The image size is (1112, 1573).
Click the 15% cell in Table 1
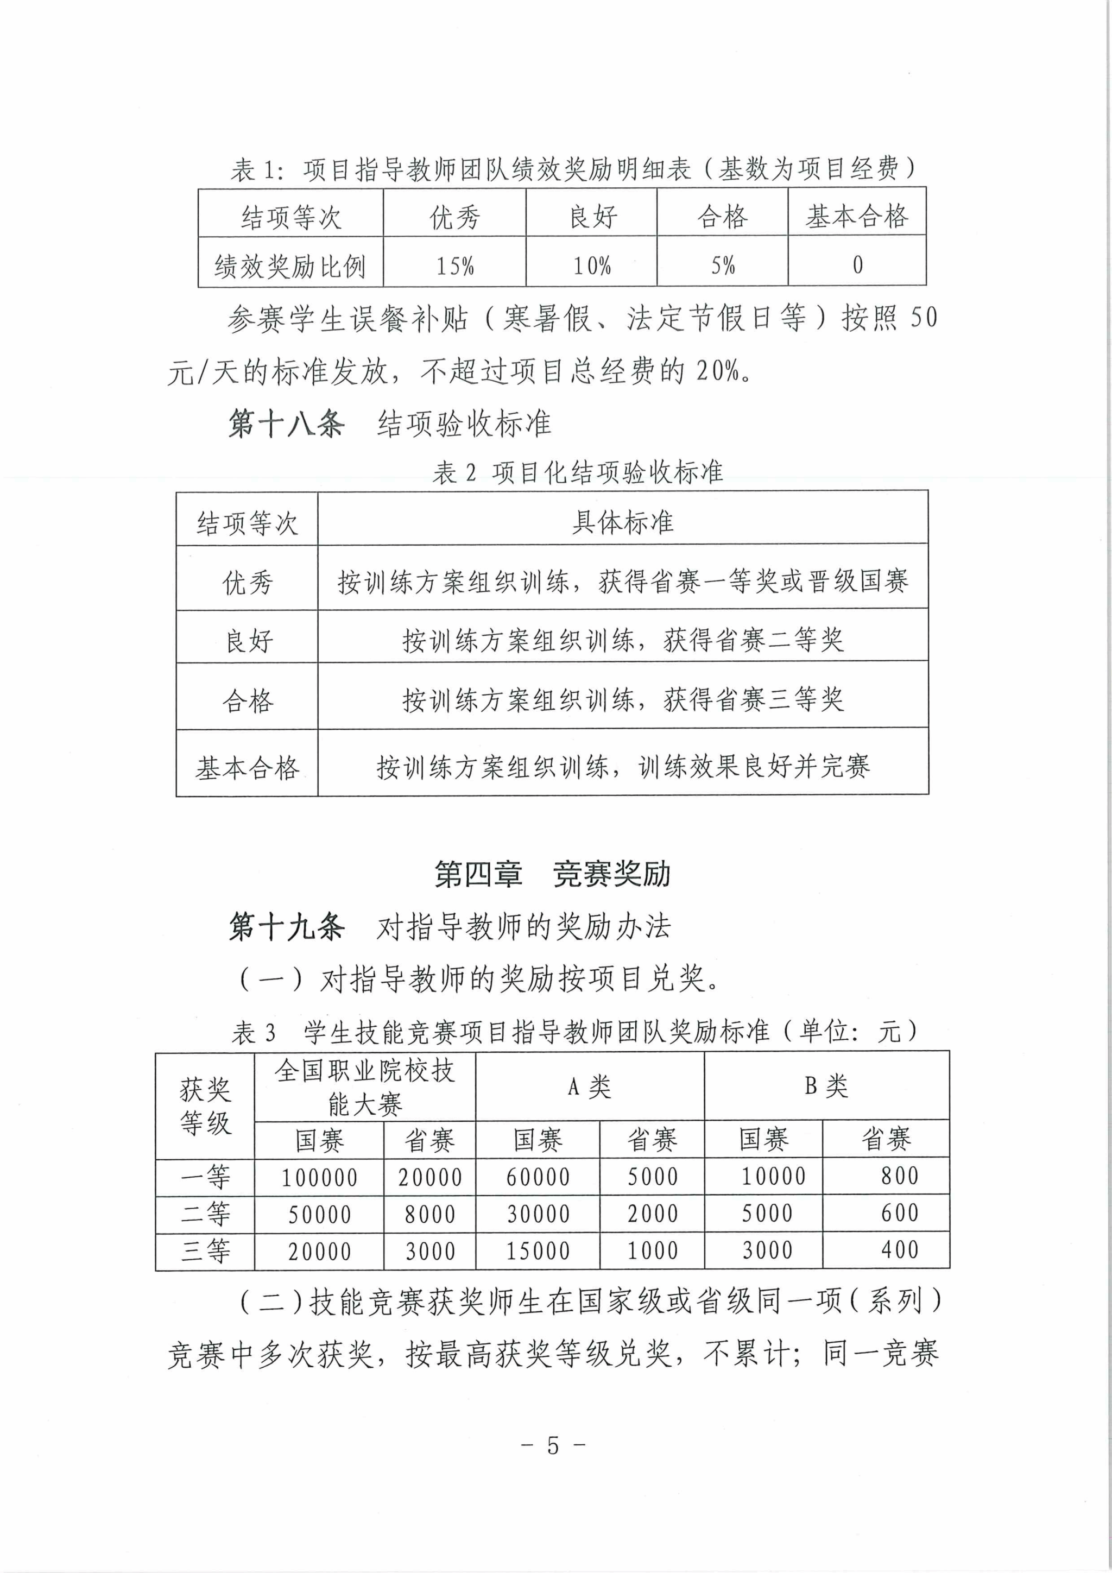coord(455,265)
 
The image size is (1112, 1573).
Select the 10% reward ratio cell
coord(592,265)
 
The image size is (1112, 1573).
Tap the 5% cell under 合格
coord(723,264)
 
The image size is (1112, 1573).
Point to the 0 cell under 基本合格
coord(857,264)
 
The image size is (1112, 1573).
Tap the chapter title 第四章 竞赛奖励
coord(552,874)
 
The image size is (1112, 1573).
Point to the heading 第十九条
coord(286,927)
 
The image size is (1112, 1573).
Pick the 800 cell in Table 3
coord(899,1176)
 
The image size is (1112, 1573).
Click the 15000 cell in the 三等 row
coord(538,1251)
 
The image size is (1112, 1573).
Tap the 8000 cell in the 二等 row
coord(429,1214)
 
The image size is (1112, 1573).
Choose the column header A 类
coord(589,1086)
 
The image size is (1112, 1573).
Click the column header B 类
coord(826,1086)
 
